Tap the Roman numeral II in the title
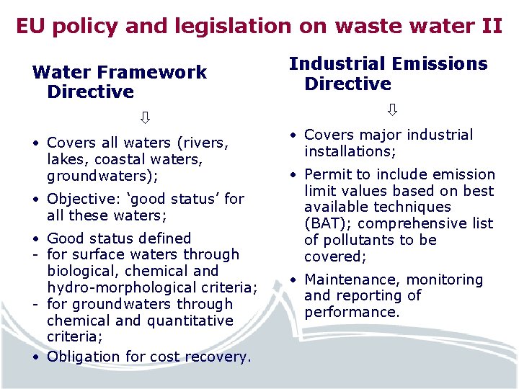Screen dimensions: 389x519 [490, 27]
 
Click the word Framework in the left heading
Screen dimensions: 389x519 [150, 72]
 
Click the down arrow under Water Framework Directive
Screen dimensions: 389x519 [145, 117]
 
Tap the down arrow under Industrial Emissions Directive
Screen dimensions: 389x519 [392, 110]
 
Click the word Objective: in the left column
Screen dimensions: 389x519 [79, 199]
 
